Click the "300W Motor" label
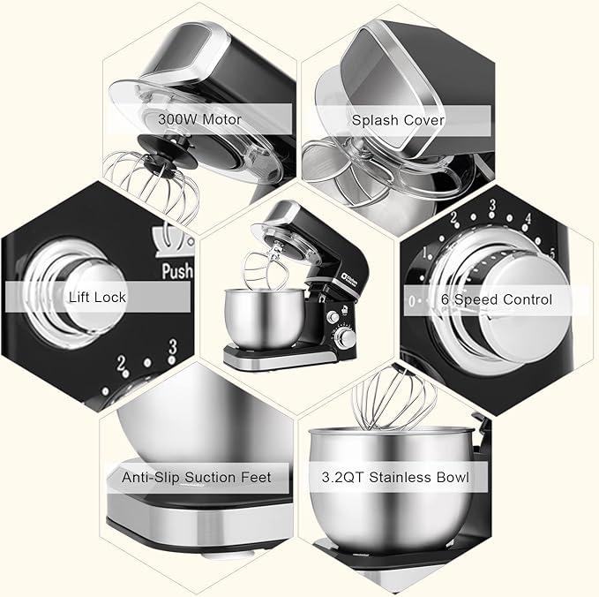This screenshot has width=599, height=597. (x=199, y=119)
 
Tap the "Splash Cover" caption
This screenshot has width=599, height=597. (x=398, y=120)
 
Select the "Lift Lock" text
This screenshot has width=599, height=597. (x=97, y=297)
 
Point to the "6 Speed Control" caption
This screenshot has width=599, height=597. (x=497, y=299)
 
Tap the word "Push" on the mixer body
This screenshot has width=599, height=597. (x=177, y=271)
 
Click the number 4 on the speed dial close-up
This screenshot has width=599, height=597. (x=528, y=218)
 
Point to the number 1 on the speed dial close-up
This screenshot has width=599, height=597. (x=425, y=253)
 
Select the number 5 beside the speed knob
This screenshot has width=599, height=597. (x=552, y=253)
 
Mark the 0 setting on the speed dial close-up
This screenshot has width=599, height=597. (x=411, y=301)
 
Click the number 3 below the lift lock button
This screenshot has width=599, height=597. (x=173, y=346)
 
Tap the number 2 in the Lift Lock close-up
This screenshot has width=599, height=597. (x=121, y=363)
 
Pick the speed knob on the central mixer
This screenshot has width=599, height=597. (x=348, y=337)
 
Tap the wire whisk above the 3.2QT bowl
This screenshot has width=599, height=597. (x=394, y=397)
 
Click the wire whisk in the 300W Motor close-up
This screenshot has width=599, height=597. (x=153, y=184)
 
